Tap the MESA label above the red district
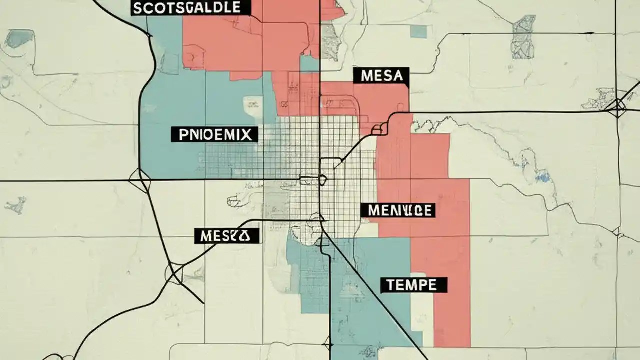click(381, 77)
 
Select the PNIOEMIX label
click(214, 134)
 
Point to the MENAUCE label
click(398, 210)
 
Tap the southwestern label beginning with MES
click(226, 236)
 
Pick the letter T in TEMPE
click(390, 285)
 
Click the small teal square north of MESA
click(419, 31)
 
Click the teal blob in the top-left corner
click(20, 38)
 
